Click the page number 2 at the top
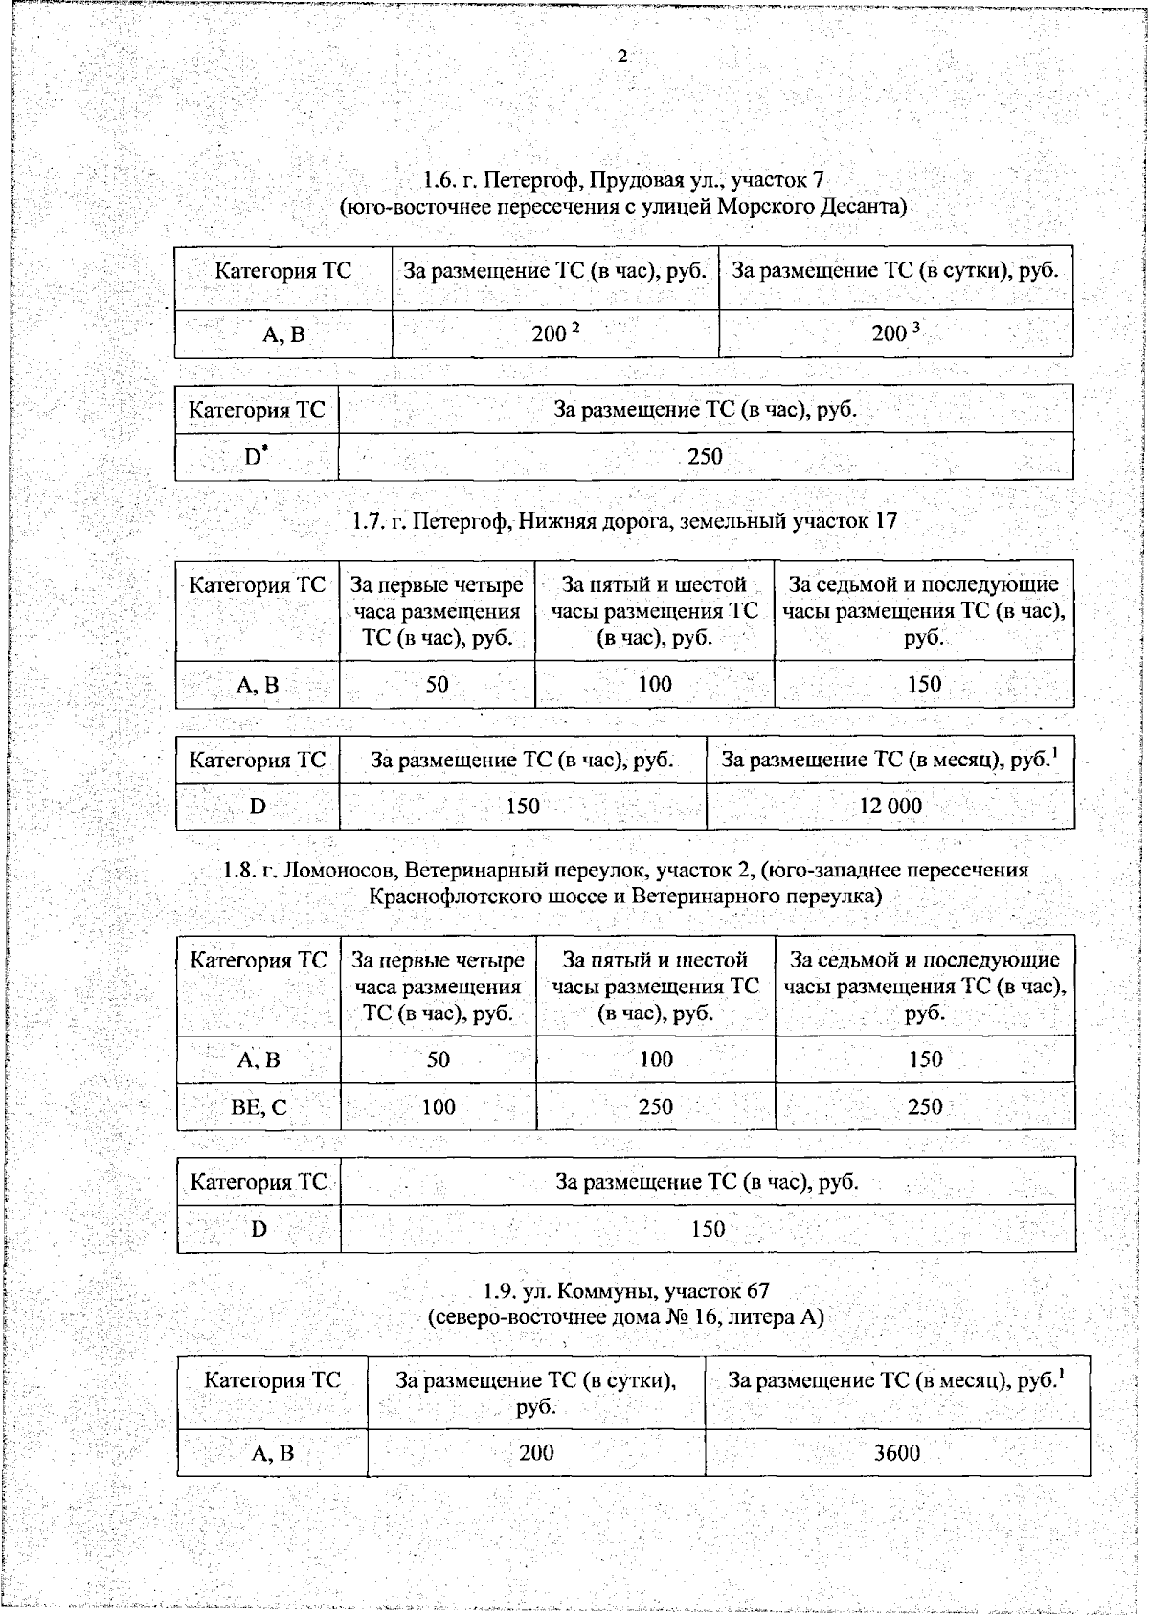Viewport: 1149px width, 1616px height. [622, 57]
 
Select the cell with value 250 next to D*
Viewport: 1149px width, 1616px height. [705, 457]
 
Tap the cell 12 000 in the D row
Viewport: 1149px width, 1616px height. [890, 807]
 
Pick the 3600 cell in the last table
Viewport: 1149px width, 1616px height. [896, 1453]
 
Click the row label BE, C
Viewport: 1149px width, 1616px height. [259, 1107]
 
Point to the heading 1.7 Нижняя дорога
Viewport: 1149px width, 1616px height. [624, 521]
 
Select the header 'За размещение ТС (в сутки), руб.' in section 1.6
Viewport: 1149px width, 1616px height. [894, 271]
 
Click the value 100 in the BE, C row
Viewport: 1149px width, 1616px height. [439, 1107]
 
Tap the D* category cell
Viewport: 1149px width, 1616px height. [256, 457]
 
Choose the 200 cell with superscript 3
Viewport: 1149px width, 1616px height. [894, 333]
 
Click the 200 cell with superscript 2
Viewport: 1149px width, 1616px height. [554, 333]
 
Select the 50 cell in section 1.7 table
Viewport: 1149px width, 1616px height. [437, 685]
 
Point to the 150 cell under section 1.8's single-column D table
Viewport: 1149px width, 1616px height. [708, 1229]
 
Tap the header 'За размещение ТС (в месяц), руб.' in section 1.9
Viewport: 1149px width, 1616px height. [896, 1380]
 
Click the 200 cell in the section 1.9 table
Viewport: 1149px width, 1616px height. [536, 1453]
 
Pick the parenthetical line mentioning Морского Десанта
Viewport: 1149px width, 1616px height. [623, 207]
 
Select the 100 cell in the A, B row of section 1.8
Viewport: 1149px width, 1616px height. [656, 1059]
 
